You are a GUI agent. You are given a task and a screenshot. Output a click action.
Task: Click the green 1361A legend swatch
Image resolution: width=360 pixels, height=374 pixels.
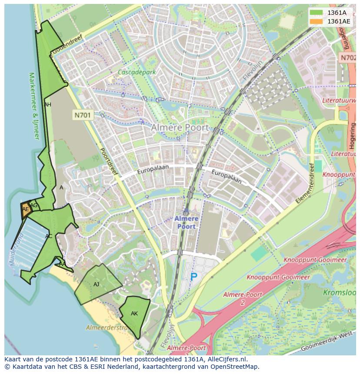point(317,13)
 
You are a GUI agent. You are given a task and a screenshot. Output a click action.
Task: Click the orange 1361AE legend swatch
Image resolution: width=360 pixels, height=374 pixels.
point(317,21)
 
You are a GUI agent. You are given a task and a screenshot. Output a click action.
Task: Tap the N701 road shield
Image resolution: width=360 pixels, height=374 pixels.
point(83,115)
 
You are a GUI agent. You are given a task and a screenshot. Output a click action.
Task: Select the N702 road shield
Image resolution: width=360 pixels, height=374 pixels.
point(348,57)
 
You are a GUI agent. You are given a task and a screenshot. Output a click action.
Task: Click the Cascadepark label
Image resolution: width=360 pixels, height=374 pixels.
point(137,73)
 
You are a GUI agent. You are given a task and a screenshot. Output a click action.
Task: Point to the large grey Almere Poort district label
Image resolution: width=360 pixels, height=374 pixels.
point(180,128)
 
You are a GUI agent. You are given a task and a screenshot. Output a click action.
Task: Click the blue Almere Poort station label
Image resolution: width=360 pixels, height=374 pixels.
point(186,222)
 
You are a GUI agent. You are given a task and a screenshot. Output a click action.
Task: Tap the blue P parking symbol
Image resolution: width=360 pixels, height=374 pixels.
point(193,277)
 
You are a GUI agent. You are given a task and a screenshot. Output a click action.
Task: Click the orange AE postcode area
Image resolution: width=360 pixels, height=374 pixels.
point(26,210)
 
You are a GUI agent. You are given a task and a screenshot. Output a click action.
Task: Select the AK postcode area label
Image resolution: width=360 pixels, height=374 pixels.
point(134,314)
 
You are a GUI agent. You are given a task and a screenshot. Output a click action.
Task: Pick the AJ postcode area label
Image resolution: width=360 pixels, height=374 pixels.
point(97,285)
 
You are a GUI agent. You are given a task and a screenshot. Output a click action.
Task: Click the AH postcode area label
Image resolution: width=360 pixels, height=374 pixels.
point(47,105)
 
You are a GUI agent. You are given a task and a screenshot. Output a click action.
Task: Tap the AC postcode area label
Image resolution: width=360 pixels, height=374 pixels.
point(49,236)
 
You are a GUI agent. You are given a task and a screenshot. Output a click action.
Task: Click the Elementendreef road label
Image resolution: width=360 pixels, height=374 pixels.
point(304,184)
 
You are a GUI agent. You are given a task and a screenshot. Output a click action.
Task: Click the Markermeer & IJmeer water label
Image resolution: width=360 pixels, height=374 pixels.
point(34,106)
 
